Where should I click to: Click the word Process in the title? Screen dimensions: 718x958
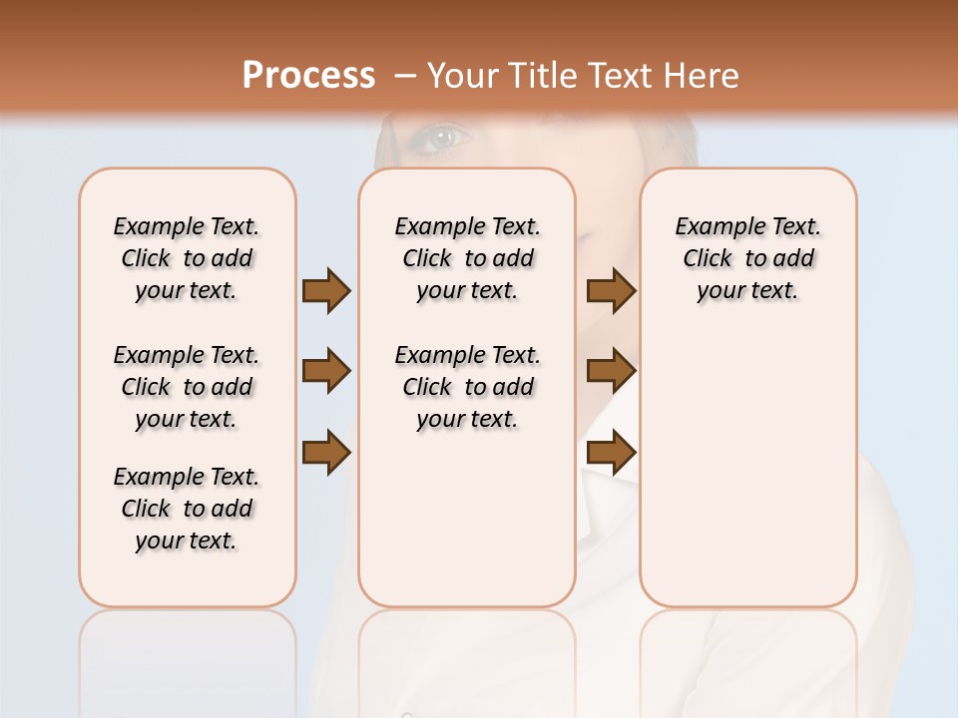(x=308, y=75)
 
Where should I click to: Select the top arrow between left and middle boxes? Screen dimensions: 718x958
(x=325, y=290)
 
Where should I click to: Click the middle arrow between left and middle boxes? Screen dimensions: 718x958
(x=325, y=371)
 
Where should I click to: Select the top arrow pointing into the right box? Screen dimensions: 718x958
(x=611, y=290)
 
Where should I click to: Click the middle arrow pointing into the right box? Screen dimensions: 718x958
(x=611, y=371)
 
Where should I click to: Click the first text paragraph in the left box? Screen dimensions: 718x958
(x=187, y=258)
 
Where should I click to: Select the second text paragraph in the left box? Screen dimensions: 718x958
(x=187, y=387)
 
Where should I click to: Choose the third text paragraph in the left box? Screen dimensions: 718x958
(x=187, y=509)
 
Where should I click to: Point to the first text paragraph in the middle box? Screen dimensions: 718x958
(x=467, y=258)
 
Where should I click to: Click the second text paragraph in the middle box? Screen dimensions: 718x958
(x=467, y=387)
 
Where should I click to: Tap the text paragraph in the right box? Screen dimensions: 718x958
(x=747, y=258)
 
